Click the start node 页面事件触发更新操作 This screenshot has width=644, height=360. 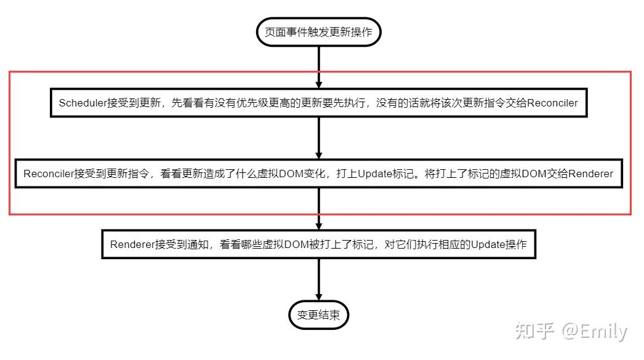[x=318, y=32]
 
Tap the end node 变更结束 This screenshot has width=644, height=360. [x=318, y=315]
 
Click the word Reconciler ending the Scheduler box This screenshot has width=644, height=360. [x=553, y=103]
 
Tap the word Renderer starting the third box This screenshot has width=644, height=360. [x=131, y=244]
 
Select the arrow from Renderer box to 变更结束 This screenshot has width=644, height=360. [x=318, y=280]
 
